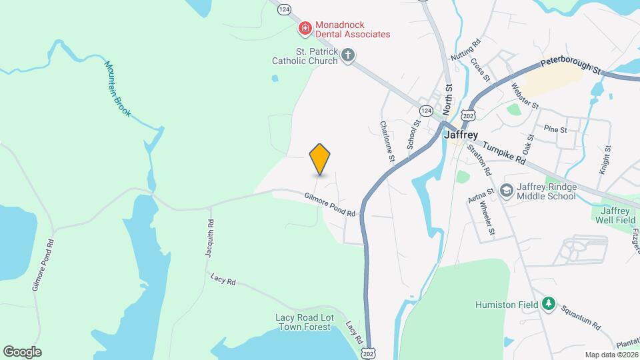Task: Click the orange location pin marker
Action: (x=320, y=159)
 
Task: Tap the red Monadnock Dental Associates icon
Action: (x=305, y=28)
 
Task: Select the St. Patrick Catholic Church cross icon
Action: (x=347, y=55)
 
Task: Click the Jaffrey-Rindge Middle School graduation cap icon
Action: (x=506, y=191)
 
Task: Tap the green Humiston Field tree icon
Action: (x=549, y=305)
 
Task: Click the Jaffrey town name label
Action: (x=460, y=134)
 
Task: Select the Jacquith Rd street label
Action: (x=209, y=239)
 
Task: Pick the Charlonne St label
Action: (x=388, y=141)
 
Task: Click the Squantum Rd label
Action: (x=581, y=317)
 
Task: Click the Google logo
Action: (x=22, y=352)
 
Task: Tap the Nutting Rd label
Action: (x=466, y=51)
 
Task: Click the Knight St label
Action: (x=605, y=161)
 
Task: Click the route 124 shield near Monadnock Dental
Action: (x=285, y=9)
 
